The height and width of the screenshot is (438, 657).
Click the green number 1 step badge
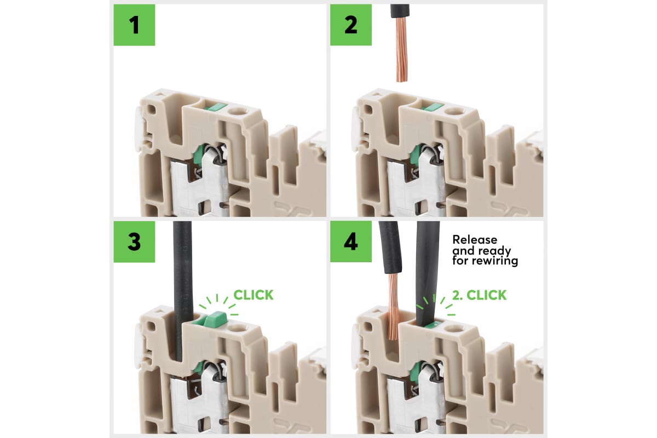point(134,25)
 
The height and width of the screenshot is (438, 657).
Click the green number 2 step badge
point(350,25)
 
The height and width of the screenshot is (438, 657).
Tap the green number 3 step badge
point(134,241)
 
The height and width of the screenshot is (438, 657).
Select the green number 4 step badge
point(350,241)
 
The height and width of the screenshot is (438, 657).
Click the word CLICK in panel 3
point(253,295)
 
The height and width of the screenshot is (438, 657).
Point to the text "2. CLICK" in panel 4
point(479,295)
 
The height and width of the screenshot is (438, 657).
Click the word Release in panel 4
point(475,240)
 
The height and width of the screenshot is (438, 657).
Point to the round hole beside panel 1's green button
point(237,114)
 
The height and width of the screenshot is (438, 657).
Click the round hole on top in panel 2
point(453,114)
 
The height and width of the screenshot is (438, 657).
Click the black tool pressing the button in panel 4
point(428,268)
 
